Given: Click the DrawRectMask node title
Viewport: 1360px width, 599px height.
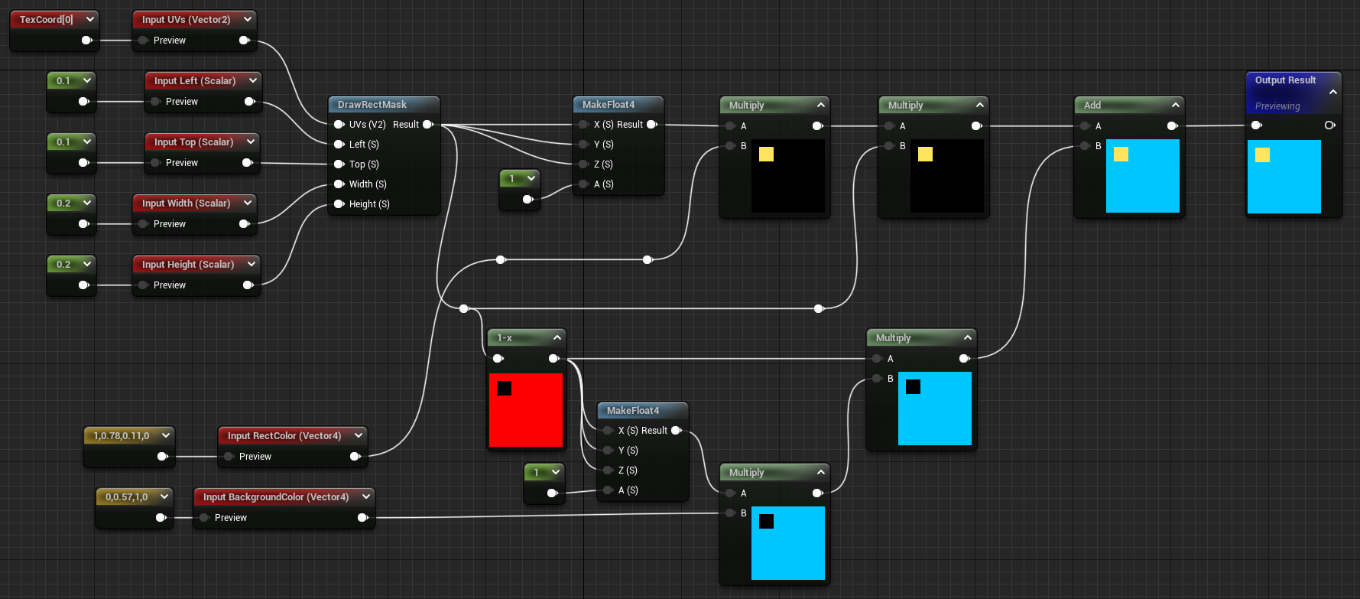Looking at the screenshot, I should (372, 105).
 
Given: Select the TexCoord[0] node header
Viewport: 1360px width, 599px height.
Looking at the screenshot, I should (46, 19).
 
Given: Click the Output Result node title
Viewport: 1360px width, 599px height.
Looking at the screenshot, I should (1284, 80).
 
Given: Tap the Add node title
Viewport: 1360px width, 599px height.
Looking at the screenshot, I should (1092, 106).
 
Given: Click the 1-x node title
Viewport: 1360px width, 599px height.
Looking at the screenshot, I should (505, 338).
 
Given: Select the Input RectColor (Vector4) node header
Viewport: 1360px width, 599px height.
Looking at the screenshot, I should (284, 436).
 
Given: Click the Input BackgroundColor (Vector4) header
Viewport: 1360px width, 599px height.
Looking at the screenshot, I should (275, 497).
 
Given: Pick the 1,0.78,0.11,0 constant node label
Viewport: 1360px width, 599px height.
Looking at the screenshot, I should (121, 436).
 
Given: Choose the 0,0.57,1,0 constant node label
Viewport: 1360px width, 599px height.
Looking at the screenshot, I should (126, 497).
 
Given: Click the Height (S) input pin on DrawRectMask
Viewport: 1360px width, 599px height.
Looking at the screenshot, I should (339, 204).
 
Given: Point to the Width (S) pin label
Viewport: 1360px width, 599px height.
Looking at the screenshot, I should (368, 184).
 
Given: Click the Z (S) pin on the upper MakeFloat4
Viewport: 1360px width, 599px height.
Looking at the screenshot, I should (584, 164).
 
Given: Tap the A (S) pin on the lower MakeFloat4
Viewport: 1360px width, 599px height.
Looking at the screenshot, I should (609, 490).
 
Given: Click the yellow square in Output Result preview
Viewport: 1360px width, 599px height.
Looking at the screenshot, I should (1262, 155).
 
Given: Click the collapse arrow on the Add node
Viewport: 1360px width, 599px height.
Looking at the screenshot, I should (1175, 105).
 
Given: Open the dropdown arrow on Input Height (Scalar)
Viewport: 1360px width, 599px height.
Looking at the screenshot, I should (250, 264).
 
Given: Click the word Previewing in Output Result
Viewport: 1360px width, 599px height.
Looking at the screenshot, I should (1277, 106).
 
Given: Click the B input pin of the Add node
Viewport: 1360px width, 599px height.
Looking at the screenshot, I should (1085, 146).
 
